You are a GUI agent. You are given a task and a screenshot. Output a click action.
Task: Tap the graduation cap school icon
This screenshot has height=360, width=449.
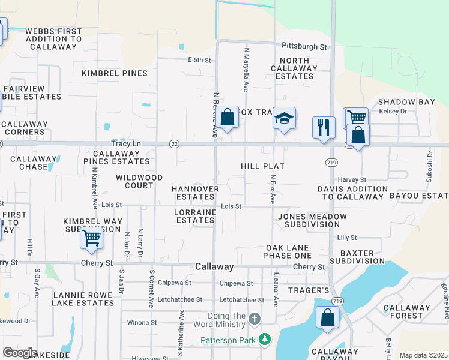pos(284,118)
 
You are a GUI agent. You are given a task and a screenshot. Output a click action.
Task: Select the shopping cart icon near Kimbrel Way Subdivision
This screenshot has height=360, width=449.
pos(91,238)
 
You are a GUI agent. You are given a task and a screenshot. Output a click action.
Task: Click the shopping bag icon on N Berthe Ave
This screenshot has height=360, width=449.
pos(228,118)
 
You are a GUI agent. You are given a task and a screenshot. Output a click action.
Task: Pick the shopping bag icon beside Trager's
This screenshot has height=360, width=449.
pos(327,318)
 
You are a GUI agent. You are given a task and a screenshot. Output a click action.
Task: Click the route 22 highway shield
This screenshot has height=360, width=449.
pos(174,144)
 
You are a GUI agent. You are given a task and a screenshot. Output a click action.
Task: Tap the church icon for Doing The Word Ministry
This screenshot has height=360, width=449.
pos(254,318)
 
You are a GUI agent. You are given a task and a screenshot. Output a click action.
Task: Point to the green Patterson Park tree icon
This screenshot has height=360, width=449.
pos(264,340)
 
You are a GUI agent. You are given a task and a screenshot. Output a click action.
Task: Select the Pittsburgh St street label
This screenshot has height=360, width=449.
pos(305,46)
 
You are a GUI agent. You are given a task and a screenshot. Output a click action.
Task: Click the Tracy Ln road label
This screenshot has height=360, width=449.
pos(126,144)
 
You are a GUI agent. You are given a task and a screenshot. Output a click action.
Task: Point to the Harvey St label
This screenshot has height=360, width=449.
pos(352,179)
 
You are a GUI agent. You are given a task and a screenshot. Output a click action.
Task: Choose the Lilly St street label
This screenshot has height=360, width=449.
pos(347,238)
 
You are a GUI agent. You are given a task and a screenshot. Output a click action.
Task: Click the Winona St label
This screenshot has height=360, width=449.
pos(142,322)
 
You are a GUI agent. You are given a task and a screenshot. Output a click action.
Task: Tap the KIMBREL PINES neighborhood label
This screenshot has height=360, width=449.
pos(115,73)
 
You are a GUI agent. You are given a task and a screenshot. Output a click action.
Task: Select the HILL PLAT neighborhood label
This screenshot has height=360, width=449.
pos(262,166)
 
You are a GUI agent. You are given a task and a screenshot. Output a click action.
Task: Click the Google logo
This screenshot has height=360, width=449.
pos(20,353)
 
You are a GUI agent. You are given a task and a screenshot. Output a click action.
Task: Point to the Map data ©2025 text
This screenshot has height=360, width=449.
pos(423,355)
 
